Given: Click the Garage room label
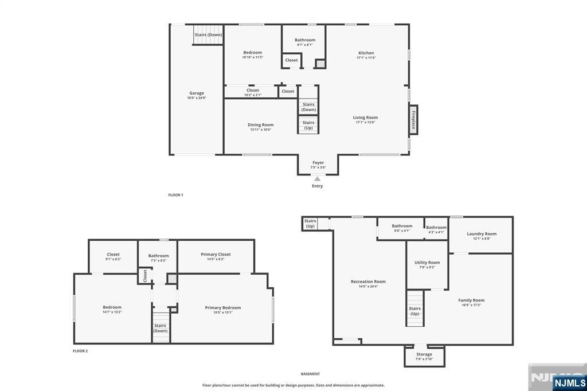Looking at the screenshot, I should (197, 93).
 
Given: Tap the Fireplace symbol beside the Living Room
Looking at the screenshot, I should (413, 120).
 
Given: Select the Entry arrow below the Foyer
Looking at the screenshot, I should (317, 179).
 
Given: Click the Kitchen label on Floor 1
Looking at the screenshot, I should (366, 53).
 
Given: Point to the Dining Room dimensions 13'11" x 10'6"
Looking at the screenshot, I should (260, 130).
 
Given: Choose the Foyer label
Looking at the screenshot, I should (318, 162).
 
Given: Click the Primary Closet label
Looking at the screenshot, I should (216, 254).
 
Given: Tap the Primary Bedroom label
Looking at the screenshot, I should (222, 308).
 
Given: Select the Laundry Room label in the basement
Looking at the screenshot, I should (482, 234).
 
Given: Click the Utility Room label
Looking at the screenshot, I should (427, 263).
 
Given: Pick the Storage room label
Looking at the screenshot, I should (424, 354).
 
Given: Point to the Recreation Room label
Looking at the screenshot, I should (368, 281).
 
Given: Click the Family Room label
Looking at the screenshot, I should (471, 300).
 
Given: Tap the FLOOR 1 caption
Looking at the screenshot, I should (175, 195).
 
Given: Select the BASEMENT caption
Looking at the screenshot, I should (310, 374).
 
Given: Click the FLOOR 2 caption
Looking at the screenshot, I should (80, 351).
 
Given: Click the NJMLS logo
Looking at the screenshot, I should (570, 382).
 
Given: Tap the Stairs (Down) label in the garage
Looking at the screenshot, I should (208, 34).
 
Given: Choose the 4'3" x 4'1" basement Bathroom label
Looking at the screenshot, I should (436, 228).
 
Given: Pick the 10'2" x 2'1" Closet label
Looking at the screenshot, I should (253, 90).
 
